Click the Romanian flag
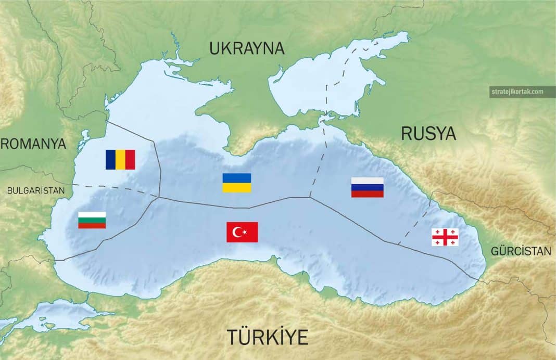[x=120, y=160]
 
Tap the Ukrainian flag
[x=237, y=183]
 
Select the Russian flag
[x=368, y=187]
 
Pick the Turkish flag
[x=242, y=232]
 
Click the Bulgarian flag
[x=92, y=220]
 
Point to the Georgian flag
[x=445, y=237]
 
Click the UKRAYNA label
[x=247, y=48]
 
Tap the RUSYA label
[x=428, y=134]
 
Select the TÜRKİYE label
[x=267, y=337]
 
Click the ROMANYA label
[x=33, y=144]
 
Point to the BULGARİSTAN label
[x=36, y=190]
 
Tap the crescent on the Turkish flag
[x=237, y=232]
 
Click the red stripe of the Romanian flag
[x=130, y=160]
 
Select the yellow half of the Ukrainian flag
[x=237, y=187]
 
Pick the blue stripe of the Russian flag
[x=368, y=187]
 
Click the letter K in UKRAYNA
[x=226, y=48]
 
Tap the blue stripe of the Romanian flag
[x=110, y=160]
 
